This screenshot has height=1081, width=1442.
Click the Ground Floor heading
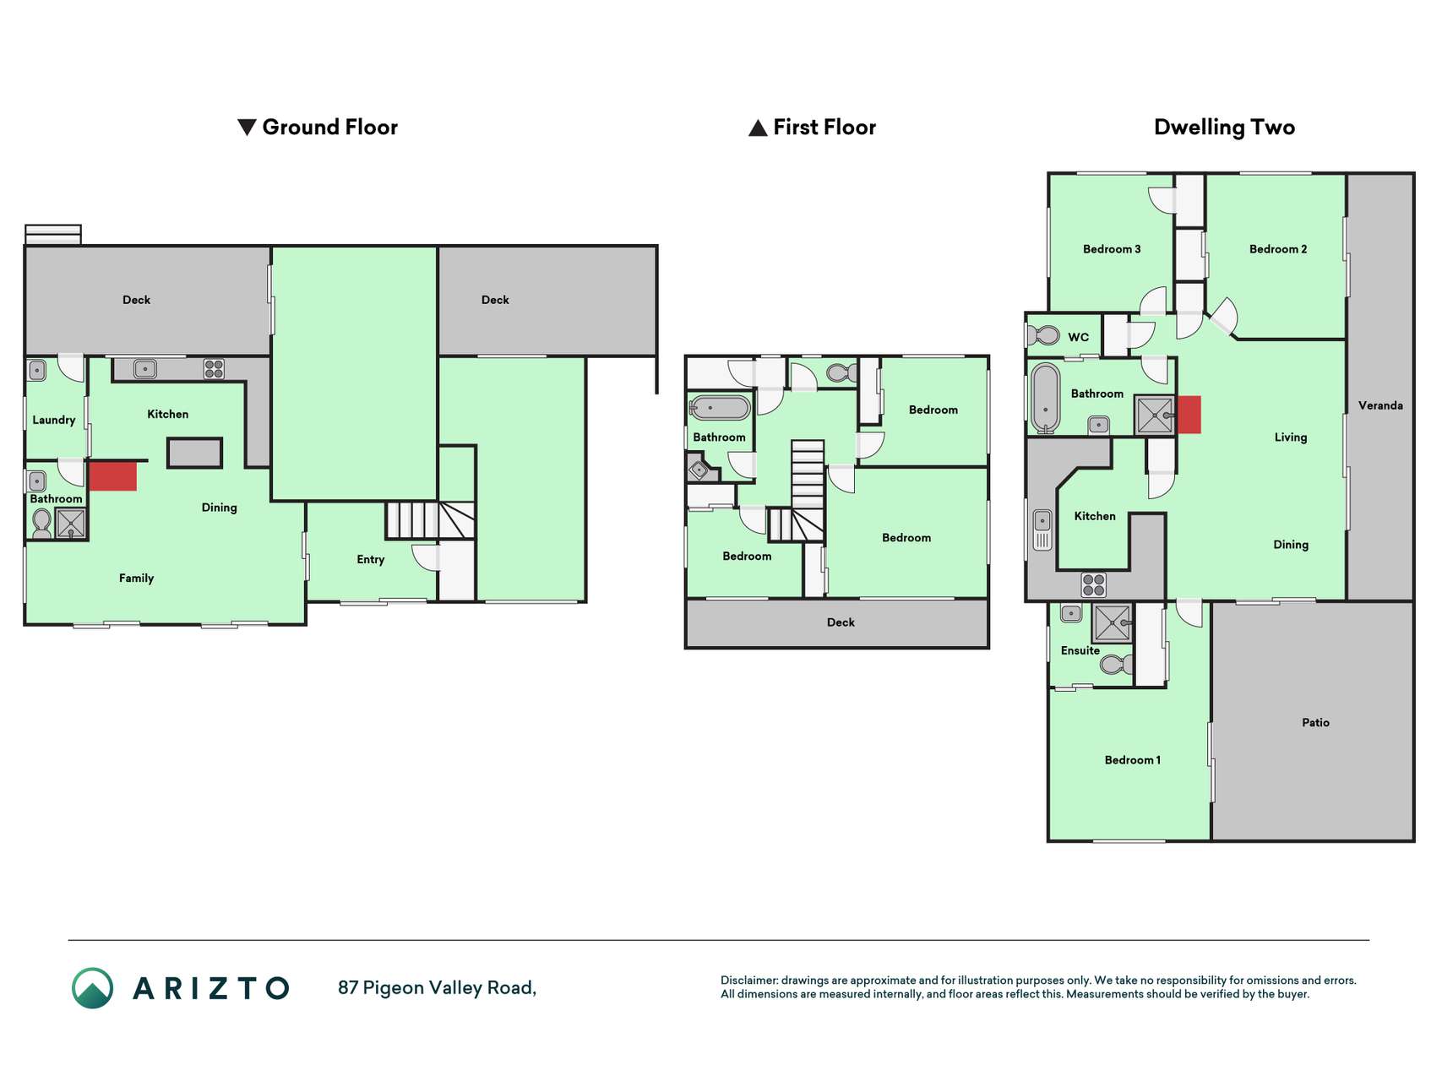318,128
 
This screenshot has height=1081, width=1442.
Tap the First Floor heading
813,128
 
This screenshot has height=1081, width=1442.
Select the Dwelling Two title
1224,128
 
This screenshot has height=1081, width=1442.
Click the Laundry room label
54,420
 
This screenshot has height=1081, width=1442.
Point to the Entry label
371,559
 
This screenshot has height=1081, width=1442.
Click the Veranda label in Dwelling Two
1380,405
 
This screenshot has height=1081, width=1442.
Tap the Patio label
1315,722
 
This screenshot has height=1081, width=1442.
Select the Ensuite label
1080,650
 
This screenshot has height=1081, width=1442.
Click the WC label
1078,337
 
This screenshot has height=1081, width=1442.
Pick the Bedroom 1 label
1133,760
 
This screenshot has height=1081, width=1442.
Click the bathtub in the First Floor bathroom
720,408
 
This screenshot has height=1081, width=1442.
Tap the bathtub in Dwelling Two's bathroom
1046,399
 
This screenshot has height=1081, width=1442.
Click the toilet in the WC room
1044,335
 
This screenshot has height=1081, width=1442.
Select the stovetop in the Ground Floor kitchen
214,369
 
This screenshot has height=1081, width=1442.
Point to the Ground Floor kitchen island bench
194,453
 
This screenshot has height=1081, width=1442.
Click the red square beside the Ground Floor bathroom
113,475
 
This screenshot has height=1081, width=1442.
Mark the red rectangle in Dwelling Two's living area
1189,415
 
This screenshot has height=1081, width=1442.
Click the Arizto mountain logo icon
92,988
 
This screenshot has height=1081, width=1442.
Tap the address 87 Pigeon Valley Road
437,988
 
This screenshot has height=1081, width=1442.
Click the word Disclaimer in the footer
748,981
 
